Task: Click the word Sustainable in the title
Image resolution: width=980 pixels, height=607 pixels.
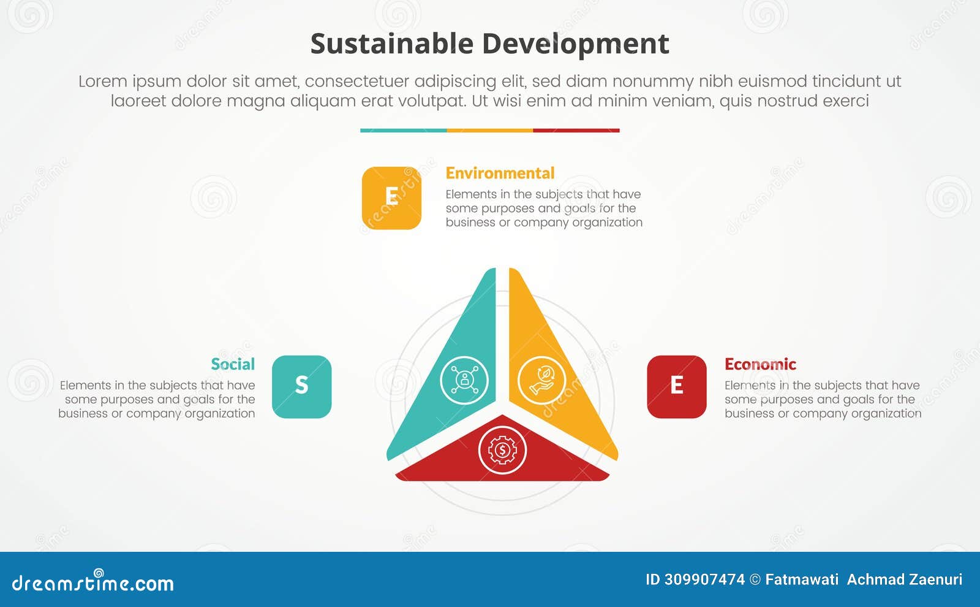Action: [x=391, y=44]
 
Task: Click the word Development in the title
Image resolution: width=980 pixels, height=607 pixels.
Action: [x=575, y=44]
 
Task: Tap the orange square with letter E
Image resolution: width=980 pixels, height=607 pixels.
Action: [x=391, y=198]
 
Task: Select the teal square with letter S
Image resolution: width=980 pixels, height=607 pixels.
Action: [x=301, y=387]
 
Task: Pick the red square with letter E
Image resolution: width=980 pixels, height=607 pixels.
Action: [x=676, y=387]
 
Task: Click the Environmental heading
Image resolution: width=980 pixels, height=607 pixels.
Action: [x=500, y=174]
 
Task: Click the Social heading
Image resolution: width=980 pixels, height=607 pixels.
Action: [x=233, y=364]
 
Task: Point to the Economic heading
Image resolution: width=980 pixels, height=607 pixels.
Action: [x=760, y=364]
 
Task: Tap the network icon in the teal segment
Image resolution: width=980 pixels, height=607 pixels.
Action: [x=464, y=380]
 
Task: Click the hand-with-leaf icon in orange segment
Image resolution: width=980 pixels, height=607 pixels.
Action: [x=541, y=380]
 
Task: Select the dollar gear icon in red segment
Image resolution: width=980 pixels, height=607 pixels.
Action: [x=502, y=451]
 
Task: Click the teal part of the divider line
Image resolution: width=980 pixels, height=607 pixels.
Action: [x=403, y=130]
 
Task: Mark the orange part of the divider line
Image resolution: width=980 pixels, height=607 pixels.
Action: [x=489, y=130]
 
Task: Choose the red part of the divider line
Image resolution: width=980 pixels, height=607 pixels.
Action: [x=576, y=130]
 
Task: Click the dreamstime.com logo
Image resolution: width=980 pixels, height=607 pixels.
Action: [x=92, y=582]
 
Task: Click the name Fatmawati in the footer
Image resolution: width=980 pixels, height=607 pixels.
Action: [x=802, y=579]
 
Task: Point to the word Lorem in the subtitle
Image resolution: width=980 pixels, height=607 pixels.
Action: [x=102, y=82]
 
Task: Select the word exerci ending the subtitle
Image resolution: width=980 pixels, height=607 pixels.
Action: [x=846, y=101]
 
